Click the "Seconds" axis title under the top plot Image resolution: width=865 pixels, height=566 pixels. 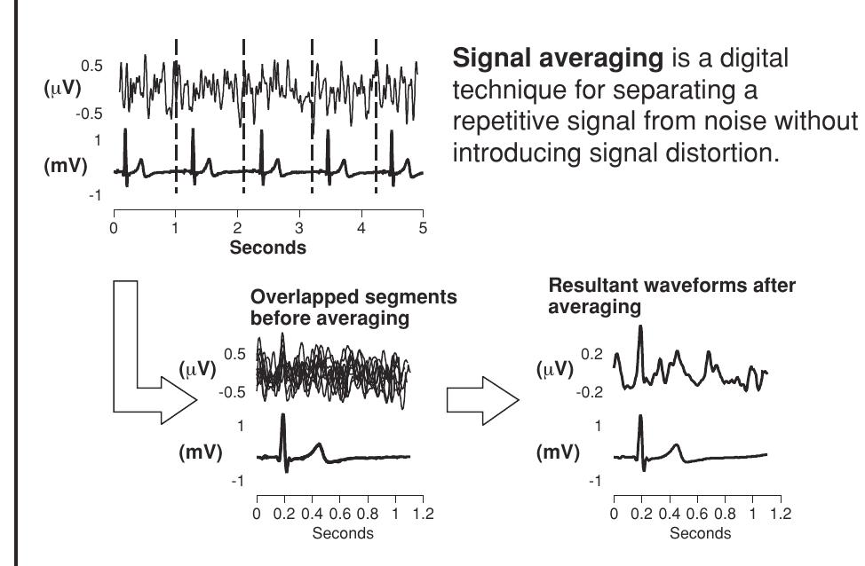[267, 248]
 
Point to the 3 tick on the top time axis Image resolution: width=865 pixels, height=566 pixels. [299, 228]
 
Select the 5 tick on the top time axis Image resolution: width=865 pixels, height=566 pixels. [424, 228]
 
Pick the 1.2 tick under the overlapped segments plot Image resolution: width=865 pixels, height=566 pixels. [424, 513]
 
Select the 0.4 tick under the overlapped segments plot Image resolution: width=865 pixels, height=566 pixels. [312, 513]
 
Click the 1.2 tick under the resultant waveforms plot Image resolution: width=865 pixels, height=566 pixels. [781, 513]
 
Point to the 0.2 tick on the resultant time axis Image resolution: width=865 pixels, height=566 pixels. [640, 513]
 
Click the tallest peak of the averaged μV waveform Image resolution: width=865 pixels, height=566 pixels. [640, 330]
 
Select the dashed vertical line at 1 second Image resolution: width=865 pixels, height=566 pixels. [176, 115]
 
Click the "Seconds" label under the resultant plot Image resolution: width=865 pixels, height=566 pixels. [700, 533]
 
